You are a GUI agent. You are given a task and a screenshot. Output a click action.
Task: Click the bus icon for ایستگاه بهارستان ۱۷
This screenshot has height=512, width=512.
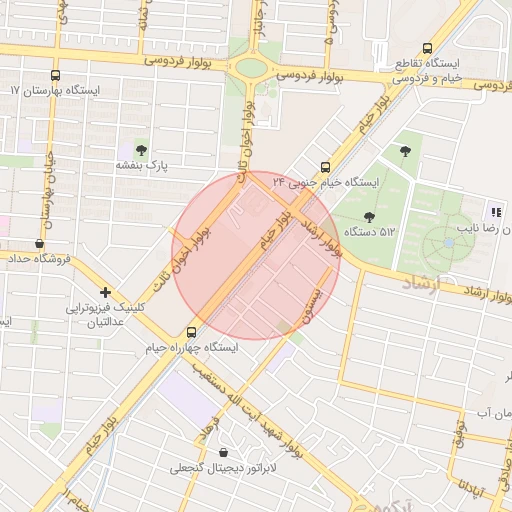pyautogui.click(x=54, y=74)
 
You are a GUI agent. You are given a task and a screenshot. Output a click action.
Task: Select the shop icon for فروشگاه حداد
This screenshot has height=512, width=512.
pyautogui.click(x=39, y=243)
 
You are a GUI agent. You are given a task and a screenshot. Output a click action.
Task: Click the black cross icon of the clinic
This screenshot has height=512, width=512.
pyautogui.click(x=105, y=292)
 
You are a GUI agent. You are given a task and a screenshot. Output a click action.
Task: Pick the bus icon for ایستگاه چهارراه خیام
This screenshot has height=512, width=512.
pyautogui.click(x=191, y=331)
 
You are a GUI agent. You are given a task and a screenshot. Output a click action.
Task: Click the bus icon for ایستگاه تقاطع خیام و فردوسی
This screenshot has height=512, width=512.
pyautogui.click(x=428, y=48)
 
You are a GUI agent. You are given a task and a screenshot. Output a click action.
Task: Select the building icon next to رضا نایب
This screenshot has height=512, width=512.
pyautogui.click(x=495, y=211)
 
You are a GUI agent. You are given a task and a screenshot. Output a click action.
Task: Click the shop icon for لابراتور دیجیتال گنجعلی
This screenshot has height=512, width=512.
pyautogui.click(x=222, y=451)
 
